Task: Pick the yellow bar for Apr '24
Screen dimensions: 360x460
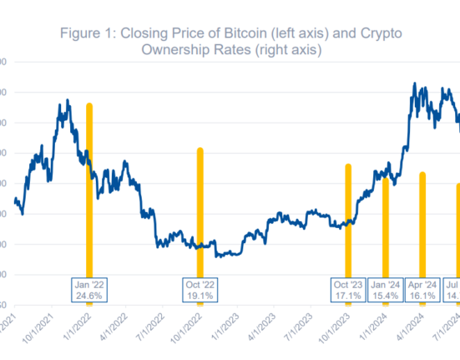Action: coord(422,226)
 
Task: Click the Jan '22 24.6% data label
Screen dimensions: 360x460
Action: coord(89,290)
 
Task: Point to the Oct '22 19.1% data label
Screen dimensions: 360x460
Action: coord(200,290)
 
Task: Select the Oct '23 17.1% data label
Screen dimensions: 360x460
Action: coord(347,290)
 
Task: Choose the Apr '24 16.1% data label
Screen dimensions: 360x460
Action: coord(422,290)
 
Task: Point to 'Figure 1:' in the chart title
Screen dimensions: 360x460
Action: coord(88,33)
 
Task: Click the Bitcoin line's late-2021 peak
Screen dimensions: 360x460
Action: coord(66,102)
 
